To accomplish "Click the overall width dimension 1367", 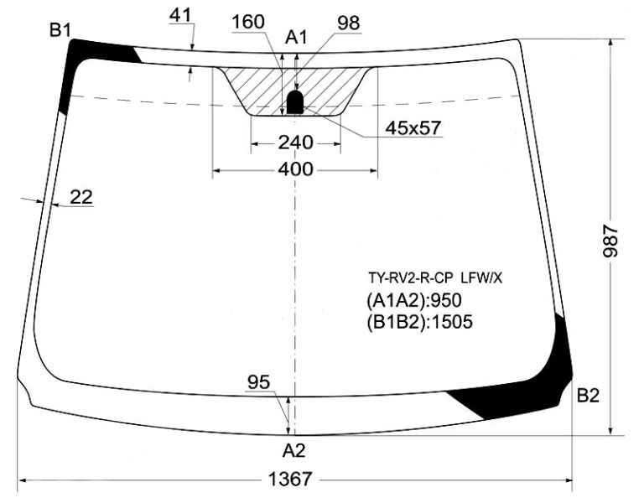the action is pos(290,480).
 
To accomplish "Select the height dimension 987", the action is pos(610,241).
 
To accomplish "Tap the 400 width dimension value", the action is pos(295,169).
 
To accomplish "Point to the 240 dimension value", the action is pos(296,143).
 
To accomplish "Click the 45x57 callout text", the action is pos(413,128).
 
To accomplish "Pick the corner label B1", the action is pos(60,30).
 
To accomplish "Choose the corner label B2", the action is pos(588,396).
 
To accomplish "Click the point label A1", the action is pos(296,38).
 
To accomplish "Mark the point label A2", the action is pos(294,451).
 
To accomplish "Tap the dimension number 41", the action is pos(181,16).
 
